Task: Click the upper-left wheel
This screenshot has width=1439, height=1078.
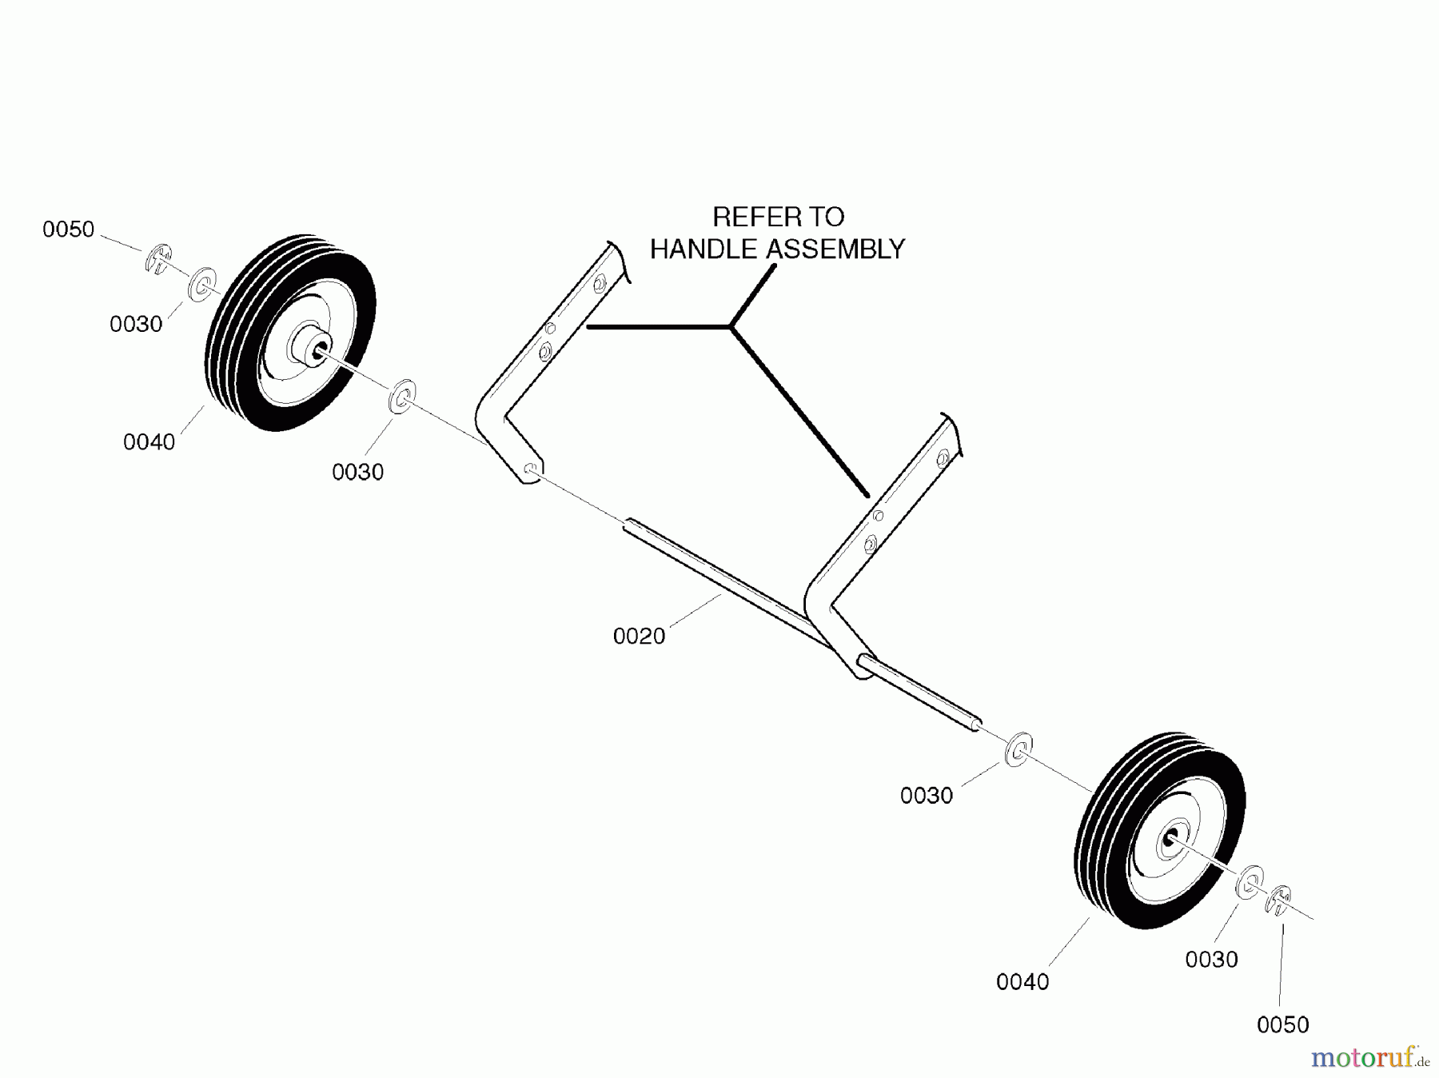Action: [x=289, y=333]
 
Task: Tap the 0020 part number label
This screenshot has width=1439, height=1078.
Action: [x=639, y=637]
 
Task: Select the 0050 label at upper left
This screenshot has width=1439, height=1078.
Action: [x=69, y=230]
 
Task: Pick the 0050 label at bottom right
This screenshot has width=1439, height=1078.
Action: [x=1282, y=1024]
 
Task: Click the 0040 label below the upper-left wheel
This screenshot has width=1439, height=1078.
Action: [x=149, y=442]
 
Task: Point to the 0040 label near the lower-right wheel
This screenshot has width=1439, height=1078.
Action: [x=1022, y=982]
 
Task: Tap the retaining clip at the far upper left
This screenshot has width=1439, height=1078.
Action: [x=158, y=258]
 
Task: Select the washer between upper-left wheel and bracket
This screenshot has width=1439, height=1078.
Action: [x=401, y=397]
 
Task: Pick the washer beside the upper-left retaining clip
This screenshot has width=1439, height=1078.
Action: [x=201, y=284]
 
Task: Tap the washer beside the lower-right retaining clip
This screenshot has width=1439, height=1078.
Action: [x=1250, y=881]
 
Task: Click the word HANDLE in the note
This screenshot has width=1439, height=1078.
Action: [x=704, y=250]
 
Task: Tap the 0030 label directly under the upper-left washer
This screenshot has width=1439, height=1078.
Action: [x=136, y=324]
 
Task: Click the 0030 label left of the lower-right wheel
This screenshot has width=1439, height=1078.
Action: [x=927, y=796]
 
